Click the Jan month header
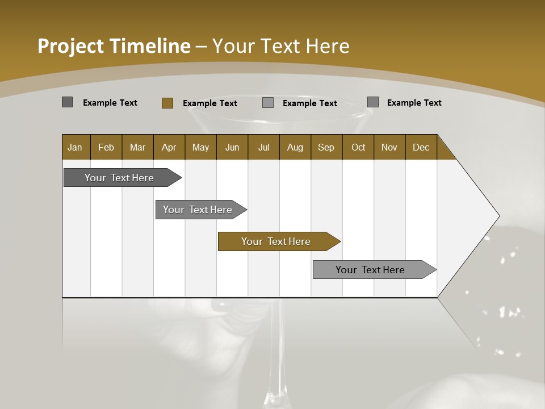[76, 147]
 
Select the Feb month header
[106, 147]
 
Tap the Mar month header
[137, 147]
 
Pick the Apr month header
[169, 147]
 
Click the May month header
[200, 147]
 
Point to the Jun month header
[232, 147]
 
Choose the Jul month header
[263, 147]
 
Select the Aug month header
[295, 147]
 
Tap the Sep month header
[326, 147]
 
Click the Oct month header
[358, 147]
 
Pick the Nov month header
[389, 147]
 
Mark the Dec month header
[421, 147]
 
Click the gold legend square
[167, 103]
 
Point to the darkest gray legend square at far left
[68, 102]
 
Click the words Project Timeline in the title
[114, 46]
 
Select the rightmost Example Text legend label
[414, 103]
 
